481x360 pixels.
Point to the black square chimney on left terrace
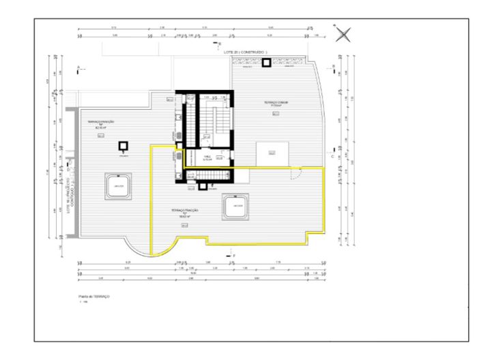pos(123,146)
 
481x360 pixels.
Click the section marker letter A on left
pos(79,67)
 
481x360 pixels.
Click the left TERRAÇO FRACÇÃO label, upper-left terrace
pos(100,123)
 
